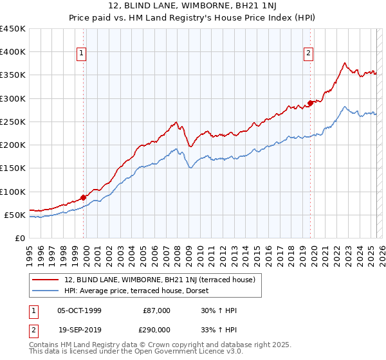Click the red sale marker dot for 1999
point(83,197)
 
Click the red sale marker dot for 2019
point(310,102)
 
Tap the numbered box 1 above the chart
point(82,54)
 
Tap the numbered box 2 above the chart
point(309,54)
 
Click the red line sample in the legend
point(46,280)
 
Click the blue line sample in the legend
point(46,291)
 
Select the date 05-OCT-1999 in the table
point(79,311)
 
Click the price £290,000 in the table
point(156,329)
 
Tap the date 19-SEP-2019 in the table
point(79,329)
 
